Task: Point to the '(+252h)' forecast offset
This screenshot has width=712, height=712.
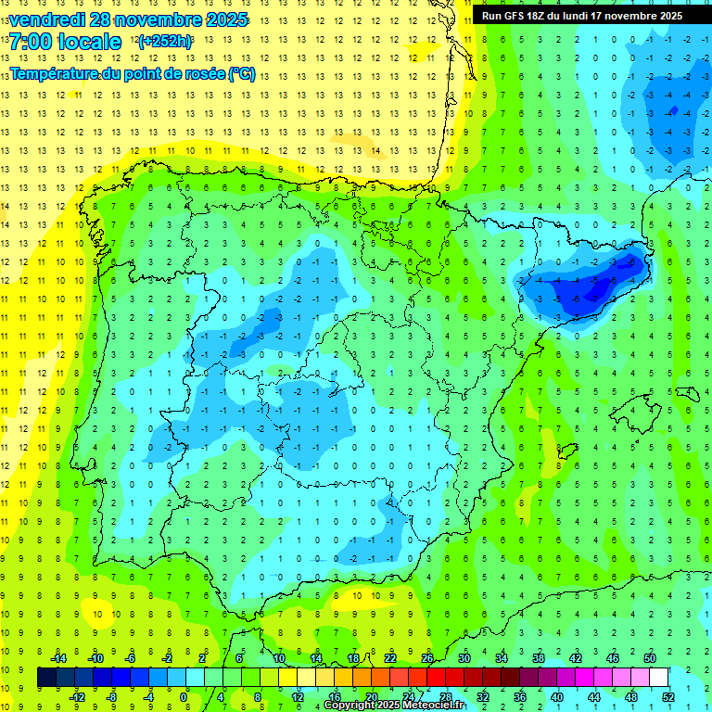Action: coord(165,42)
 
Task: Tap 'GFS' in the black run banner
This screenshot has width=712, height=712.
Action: coord(513,16)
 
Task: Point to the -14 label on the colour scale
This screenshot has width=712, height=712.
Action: coord(57,658)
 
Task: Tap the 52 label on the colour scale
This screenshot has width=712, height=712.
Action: coord(668,697)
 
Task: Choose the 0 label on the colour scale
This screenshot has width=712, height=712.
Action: coord(184,697)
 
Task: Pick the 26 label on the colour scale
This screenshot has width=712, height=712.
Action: coord(427,658)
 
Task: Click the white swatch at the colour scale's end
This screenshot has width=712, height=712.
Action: coord(659,678)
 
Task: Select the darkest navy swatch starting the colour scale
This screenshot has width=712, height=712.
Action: coord(46,678)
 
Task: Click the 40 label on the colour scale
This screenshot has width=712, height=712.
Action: coord(557,697)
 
